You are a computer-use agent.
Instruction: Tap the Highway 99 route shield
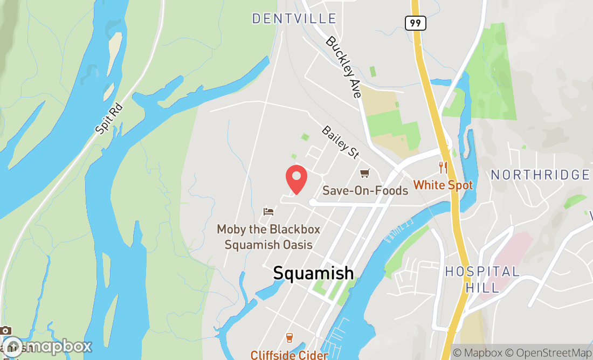tap(416, 23)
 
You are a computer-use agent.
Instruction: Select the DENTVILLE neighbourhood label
tap(294, 19)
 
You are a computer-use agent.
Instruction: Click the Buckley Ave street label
tap(343, 67)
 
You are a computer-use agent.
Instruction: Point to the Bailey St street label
tap(340, 142)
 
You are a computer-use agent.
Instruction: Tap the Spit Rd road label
tap(109, 119)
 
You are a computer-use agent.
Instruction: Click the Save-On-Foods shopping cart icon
tap(365, 173)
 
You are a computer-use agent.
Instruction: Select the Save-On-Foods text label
tap(365, 191)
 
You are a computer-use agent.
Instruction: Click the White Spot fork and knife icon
tap(443, 168)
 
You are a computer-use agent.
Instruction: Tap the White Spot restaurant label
tap(443, 185)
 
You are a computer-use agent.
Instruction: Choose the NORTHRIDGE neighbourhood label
tap(540, 175)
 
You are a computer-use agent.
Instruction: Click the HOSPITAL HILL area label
tap(482, 280)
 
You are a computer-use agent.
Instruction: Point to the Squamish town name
tap(313, 273)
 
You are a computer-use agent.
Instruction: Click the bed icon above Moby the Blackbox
tap(268, 211)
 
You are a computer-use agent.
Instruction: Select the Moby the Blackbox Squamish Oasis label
tap(268, 237)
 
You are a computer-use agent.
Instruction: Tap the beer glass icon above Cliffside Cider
tap(289, 338)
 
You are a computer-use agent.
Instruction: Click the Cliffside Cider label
tap(289, 355)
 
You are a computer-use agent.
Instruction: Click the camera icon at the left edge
tap(6, 330)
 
